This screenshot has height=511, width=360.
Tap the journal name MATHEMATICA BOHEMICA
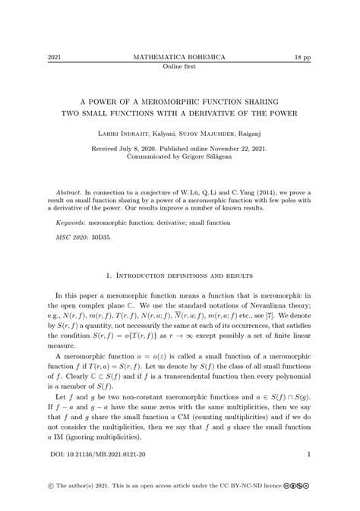tap(179, 58)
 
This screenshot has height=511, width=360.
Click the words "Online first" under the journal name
tap(179, 66)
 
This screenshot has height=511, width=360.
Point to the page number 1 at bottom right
tap(310, 455)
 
